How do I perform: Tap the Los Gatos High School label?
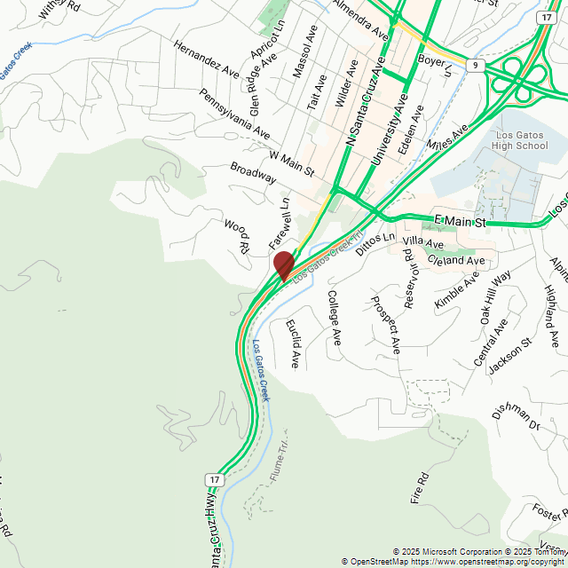(519, 139)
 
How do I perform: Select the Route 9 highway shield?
(477, 66)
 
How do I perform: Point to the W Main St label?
(292, 163)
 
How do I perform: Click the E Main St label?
(461, 220)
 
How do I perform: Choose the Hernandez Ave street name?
(207, 58)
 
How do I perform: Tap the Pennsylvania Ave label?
(234, 113)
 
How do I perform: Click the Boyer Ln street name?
(435, 64)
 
